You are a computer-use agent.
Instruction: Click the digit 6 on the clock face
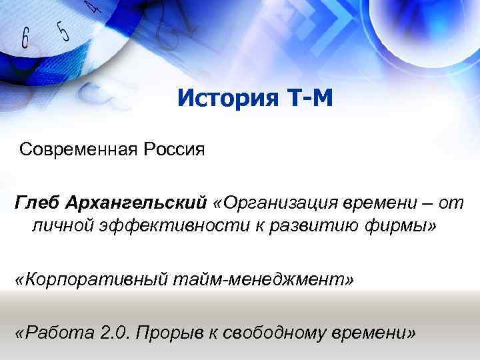pyautogui.click(x=25, y=38)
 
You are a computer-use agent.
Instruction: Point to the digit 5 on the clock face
pyautogui.click(x=63, y=29)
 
